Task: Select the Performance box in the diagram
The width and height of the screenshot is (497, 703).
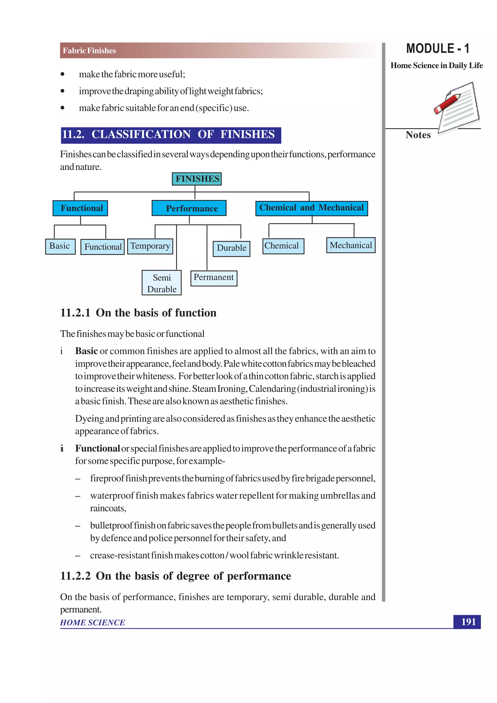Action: click(x=189, y=208)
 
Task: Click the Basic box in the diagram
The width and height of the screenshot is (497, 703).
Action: click(x=60, y=246)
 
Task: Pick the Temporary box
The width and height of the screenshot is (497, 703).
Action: click(x=150, y=246)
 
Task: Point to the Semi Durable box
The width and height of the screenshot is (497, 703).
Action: click(x=162, y=283)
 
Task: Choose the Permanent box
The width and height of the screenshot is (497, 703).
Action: click(x=214, y=278)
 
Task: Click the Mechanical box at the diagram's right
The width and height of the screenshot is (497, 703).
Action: click(x=351, y=245)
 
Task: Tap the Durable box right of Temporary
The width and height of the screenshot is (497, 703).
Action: click(x=231, y=248)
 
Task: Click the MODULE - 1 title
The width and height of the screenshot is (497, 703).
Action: click(x=438, y=48)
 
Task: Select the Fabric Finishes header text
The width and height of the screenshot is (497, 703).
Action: click(x=89, y=50)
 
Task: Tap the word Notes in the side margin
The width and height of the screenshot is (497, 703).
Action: click(x=418, y=135)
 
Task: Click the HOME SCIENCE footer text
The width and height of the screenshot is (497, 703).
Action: click(x=92, y=622)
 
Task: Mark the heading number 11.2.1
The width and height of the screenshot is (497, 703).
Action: click(x=75, y=313)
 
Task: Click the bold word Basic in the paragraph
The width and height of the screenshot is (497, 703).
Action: click(x=86, y=351)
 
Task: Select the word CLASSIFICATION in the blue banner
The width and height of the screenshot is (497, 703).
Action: click(x=141, y=134)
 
